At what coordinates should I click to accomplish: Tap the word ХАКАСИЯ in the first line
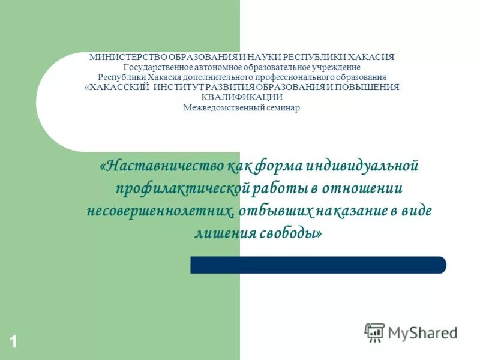point(373,57)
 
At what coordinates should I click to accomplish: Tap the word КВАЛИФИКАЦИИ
point(242,97)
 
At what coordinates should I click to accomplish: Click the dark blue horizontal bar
point(318,265)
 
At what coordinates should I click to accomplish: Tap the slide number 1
point(13,343)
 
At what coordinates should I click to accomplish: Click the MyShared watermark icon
point(374,332)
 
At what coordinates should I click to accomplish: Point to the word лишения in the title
point(221,233)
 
